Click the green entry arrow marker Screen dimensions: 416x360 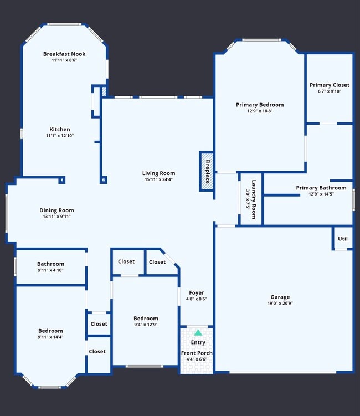198,332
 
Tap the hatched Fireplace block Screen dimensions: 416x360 207,171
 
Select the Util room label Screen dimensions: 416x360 343,239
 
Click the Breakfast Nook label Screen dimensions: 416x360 64,54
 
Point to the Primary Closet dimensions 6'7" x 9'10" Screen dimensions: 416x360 329,92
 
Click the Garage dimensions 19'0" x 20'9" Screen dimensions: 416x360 280,304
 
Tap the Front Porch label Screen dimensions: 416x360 197,353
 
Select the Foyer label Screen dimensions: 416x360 196,292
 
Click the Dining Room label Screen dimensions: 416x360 56,210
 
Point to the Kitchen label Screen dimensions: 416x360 60,129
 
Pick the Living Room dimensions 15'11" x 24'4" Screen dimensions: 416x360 158,180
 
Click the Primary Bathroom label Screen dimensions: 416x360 321,188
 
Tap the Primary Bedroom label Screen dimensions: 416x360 260,104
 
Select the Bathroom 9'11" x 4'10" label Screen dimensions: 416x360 50,264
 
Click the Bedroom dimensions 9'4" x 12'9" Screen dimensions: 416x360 146,325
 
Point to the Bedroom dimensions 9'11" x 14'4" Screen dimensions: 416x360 50,337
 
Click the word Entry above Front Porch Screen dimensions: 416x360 198,342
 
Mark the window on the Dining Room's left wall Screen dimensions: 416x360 7,213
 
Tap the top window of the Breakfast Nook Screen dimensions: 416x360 64,25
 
